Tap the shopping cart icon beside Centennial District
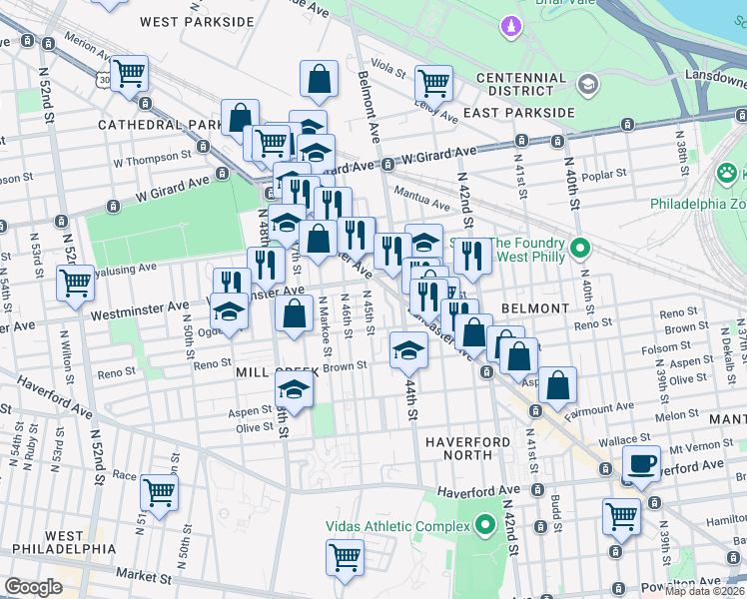coord(433,83)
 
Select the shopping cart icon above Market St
coord(345,556)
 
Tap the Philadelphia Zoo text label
coord(697,204)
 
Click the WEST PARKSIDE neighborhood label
coord(197,21)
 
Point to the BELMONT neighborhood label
coord(534,308)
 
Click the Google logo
coord(33,587)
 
